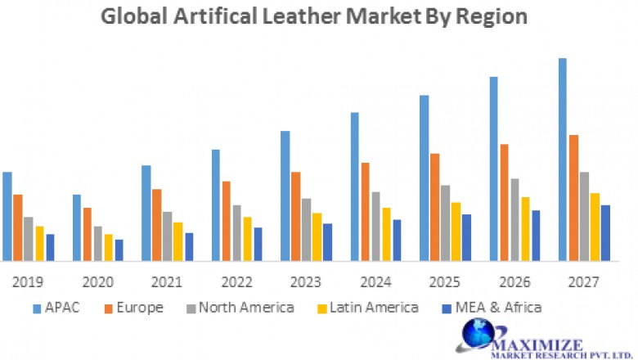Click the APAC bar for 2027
pyautogui.click(x=563, y=160)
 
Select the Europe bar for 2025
pyautogui.click(x=435, y=207)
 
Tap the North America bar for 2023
pyautogui.click(x=306, y=229)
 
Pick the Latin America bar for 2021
pyautogui.click(x=177, y=241)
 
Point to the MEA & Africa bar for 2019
pyautogui.click(x=50, y=247)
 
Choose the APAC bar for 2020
pyautogui.click(x=77, y=227)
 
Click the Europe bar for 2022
pyautogui.click(x=226, y=221)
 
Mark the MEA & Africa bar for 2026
pyautogui.click(x=536, y=236)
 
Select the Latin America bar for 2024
pyautogui.click(x=386, y=234)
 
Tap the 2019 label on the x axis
pyautogui.click(x=28, y=282)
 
